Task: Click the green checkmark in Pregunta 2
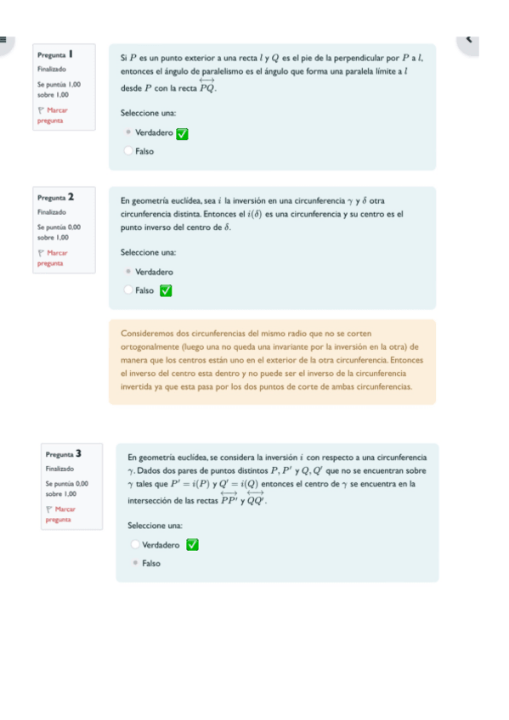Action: pos(167,290)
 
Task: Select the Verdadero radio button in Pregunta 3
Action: pos(135,545)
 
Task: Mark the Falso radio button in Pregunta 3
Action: pos(135,563)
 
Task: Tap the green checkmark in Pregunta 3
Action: pos(192,545)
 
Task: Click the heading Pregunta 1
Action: pos(58,54)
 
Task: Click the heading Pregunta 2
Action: pos(58,197)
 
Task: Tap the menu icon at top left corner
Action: pos(3,38)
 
